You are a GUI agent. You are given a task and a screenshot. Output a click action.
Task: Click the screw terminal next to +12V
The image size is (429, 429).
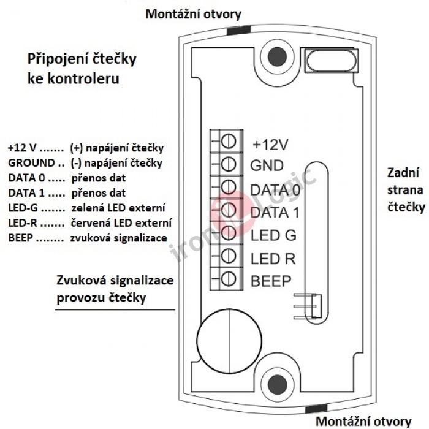point(229,142)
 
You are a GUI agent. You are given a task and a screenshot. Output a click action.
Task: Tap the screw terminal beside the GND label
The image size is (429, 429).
point(229,164)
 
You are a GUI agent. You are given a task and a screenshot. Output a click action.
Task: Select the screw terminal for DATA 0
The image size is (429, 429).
point(229,187)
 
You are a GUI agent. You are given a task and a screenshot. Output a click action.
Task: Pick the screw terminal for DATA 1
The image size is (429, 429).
point(229,210)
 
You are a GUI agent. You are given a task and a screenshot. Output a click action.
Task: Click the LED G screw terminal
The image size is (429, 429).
point(229,232)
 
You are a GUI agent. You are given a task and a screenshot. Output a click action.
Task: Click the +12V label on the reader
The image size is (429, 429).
point(270,145)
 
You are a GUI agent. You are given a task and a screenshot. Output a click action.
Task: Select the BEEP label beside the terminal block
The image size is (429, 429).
point(270,281)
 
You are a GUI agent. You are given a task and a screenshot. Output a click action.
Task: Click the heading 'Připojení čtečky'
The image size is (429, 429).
point(82,61)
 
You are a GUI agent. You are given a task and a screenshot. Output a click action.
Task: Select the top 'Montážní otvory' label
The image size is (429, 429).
point(193,13)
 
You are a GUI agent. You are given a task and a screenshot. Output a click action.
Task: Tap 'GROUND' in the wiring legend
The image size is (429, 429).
point(31,163)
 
